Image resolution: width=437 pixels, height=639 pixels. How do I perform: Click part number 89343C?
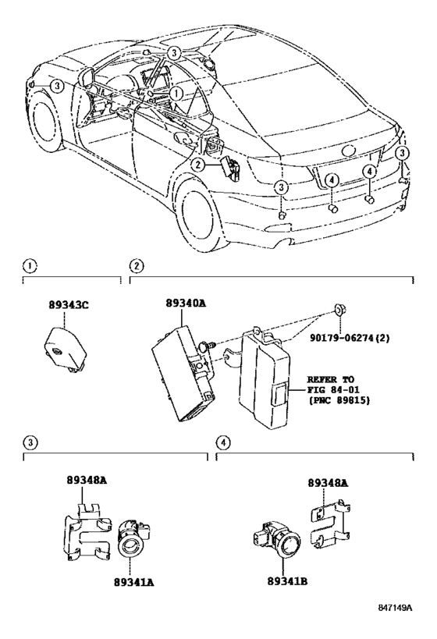69,304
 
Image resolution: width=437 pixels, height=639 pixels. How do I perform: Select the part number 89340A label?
186,304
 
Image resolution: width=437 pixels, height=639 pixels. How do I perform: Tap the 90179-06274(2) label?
349,338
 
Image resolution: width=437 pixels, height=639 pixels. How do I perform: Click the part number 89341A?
134,582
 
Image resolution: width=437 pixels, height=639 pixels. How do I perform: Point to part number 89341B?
287,581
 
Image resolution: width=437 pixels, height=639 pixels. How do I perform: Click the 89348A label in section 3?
87,481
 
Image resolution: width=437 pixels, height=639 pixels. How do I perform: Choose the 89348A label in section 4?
329,483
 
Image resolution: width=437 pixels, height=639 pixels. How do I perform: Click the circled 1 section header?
30,267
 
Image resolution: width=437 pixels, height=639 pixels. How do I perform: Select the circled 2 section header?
137,267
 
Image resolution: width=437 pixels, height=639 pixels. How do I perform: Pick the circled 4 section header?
223,442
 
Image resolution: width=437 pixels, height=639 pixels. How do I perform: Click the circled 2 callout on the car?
198,165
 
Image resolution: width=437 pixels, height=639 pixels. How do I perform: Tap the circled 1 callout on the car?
176,94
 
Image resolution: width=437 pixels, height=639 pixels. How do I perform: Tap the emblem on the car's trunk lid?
350,151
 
